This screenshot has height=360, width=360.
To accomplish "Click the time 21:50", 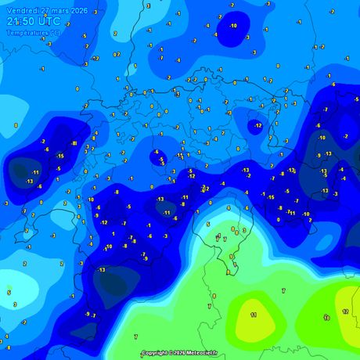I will coord(22,23).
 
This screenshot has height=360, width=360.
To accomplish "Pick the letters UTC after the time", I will coord(50,23).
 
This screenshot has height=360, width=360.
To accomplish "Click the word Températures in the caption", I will coord(27,33).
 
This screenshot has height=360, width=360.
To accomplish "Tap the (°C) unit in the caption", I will coord(54,33).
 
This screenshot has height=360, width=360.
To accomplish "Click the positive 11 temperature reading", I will coord(254,315).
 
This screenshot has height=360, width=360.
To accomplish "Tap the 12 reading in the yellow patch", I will coord(345,311).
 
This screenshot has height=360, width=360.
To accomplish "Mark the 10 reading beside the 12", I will coord(326,318).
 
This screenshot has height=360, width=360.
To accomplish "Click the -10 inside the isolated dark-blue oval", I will coord(233,26).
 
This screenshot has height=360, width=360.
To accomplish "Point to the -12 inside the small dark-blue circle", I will coord(258,125).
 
